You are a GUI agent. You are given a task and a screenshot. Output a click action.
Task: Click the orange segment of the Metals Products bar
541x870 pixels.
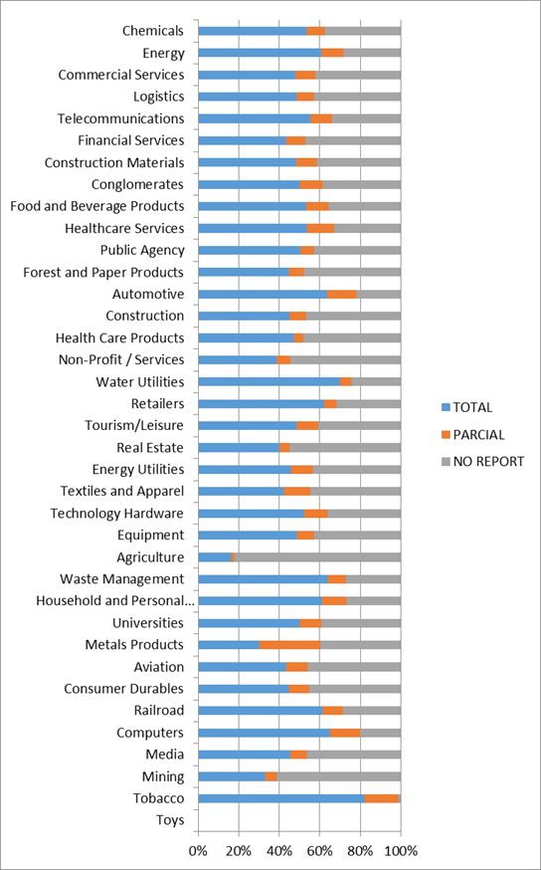[x=290, y=645]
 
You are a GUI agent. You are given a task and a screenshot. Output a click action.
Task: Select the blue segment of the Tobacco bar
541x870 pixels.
[x=281, y=798]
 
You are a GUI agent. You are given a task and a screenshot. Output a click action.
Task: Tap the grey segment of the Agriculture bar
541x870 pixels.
[x=317, y=557]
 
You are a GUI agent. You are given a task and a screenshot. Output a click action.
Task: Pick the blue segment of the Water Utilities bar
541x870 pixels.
[x=269, y=381]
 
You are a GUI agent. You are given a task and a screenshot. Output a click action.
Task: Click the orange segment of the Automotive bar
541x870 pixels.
[x=341, y=294]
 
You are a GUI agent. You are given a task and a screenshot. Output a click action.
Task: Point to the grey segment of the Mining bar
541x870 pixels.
[x=339, y=776]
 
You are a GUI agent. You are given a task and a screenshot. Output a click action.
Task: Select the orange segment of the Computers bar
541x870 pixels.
[x=345, y=733]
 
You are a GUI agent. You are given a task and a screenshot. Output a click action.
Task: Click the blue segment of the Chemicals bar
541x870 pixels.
[x=253, y=31]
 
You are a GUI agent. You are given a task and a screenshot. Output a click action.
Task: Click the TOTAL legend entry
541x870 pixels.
[x=466, y=407]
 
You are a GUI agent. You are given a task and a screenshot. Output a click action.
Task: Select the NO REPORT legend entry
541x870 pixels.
[x=482, y=462]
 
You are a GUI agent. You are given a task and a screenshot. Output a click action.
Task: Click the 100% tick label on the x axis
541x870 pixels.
[x=401, y=850]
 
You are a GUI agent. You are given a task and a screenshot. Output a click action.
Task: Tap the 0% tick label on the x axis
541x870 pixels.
[x=199, y=850]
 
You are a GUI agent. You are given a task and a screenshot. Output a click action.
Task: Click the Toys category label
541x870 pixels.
[x=170, y=820]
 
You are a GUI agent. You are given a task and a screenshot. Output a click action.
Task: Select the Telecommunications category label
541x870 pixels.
[x=120, y=118]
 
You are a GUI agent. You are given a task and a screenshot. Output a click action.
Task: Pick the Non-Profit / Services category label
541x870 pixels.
[x=121, y=359]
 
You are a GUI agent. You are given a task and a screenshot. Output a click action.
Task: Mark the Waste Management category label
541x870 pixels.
[x=122, y=579]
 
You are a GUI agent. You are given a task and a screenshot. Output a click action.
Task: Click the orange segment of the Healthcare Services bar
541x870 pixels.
[x=320, y=229]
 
